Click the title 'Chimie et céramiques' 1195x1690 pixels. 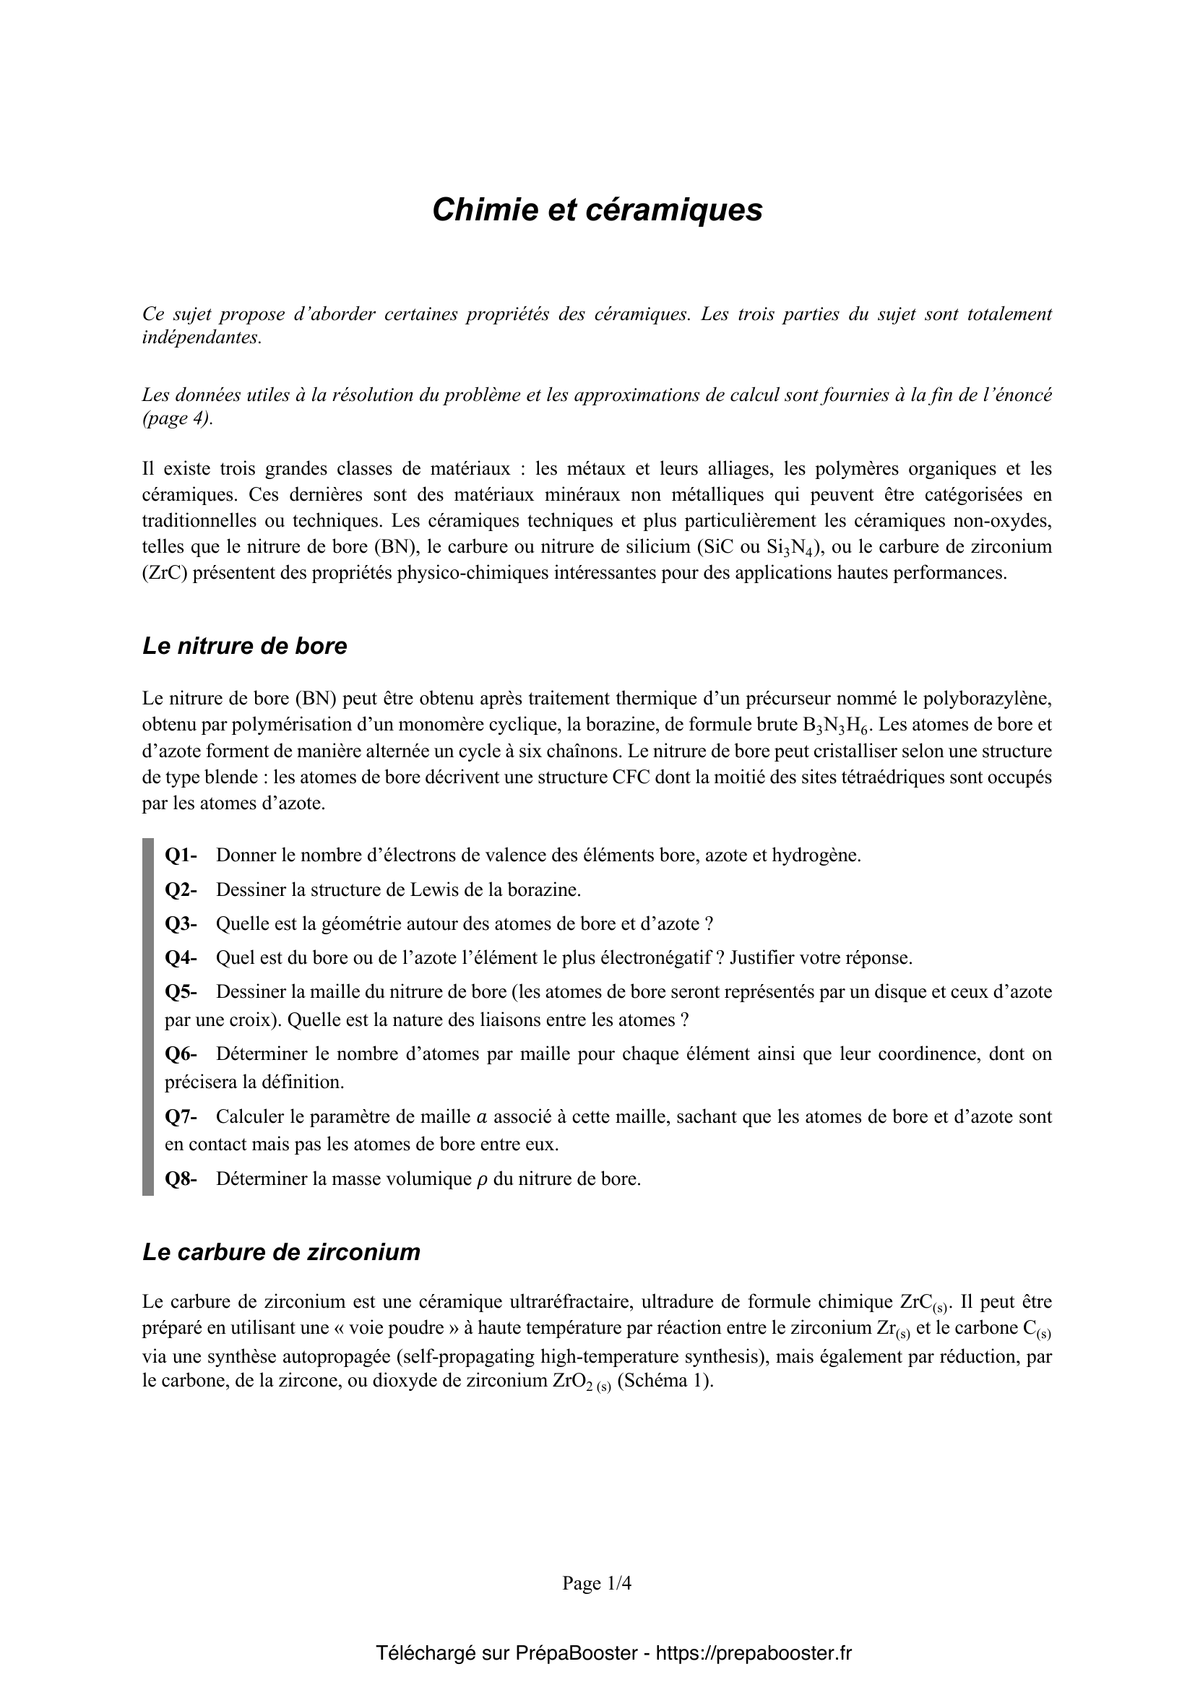click(x=597, y=210)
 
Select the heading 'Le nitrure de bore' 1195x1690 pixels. click(x=244, y=645)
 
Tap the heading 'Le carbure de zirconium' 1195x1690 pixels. click(x=281, y=1252)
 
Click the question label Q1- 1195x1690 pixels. click(x=181, y=855)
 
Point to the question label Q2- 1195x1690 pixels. click(x=181, y=890)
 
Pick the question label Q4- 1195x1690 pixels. click(x=181, y=958)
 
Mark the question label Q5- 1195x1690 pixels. click(x=181, y=992)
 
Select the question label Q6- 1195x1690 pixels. click(x=181, y=1054)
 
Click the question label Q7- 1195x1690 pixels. click(x=181, y=1116)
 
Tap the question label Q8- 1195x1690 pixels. click(x=181, y=1179)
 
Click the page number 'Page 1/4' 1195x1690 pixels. click(x=597, y=1583)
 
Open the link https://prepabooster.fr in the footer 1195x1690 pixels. click(x=754, y=1653)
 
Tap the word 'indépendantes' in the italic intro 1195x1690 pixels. click(x=201, y=339)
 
